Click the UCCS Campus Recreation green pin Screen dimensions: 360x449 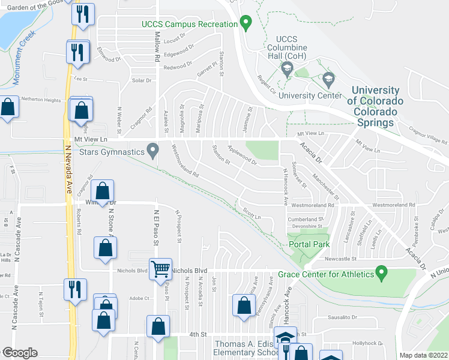coord(245,24)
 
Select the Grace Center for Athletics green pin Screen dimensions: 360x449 coord(380,275)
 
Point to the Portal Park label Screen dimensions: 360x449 coord(309,245)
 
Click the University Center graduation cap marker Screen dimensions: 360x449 coord(328,79)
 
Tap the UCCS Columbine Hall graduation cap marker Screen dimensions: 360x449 coord(286,69)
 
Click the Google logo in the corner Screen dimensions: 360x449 coord(20,353)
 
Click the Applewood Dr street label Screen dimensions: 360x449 coord(242,155)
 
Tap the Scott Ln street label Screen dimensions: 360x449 coord(252,213)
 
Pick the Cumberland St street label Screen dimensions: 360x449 coord(306,220)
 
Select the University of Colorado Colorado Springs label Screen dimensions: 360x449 coord(373,106)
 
